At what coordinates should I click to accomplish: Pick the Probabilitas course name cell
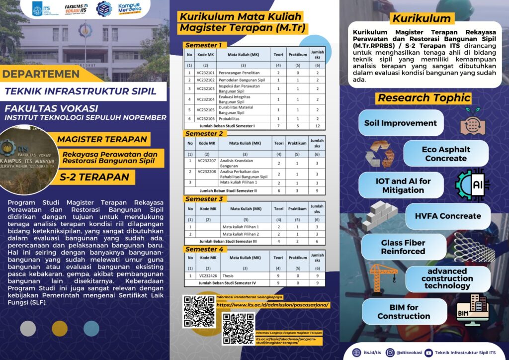click(235, 119)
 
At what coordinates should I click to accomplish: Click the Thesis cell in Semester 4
click(229, 275)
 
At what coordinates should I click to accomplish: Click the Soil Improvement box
click(400, 123)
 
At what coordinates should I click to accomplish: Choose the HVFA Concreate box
click(447, 216)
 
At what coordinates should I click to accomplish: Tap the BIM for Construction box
click(404, 312)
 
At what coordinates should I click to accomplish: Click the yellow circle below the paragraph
click(60, 328)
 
